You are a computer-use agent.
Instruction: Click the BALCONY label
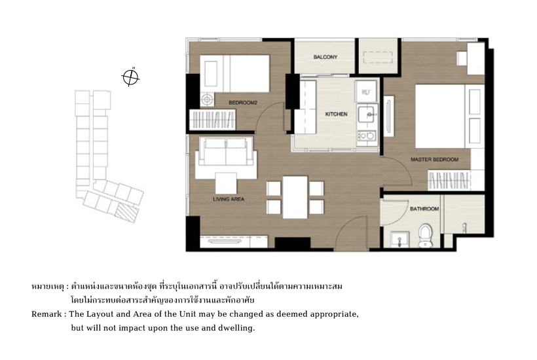click(x=325, y=57)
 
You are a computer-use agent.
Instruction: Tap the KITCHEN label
click(x=336, y=114)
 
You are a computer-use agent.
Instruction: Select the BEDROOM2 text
click(x=243, y=102)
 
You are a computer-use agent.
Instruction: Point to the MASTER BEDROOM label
click(x=434, y=160)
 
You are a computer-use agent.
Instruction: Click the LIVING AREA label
click(x=229, y=199)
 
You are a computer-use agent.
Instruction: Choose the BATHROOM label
click(x=424, y=209)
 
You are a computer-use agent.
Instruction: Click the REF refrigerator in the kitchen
click(x=366, y=92)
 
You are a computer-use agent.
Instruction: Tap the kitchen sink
click(x=367, y=115)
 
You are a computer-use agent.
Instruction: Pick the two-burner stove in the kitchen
click(x=366, y=136)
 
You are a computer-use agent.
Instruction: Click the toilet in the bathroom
click(x=426, y=235)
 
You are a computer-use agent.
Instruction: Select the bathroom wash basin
click(x=399, y=238)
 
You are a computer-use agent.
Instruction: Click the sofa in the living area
click(x=226, y=157)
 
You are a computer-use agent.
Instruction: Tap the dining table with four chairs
click(x=295, y=197)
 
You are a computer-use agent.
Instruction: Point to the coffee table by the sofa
click(x=226, y=183)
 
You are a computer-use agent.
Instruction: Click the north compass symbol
click(x=130, y=77)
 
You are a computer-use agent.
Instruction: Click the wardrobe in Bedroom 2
click(x=212, y=119)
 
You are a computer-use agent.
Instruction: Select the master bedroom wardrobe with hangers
click(x=449, y=181)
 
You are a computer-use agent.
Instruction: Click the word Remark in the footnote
click(x=46, y=314)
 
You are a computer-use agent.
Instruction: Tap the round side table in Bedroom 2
click(x=207, y=99)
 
